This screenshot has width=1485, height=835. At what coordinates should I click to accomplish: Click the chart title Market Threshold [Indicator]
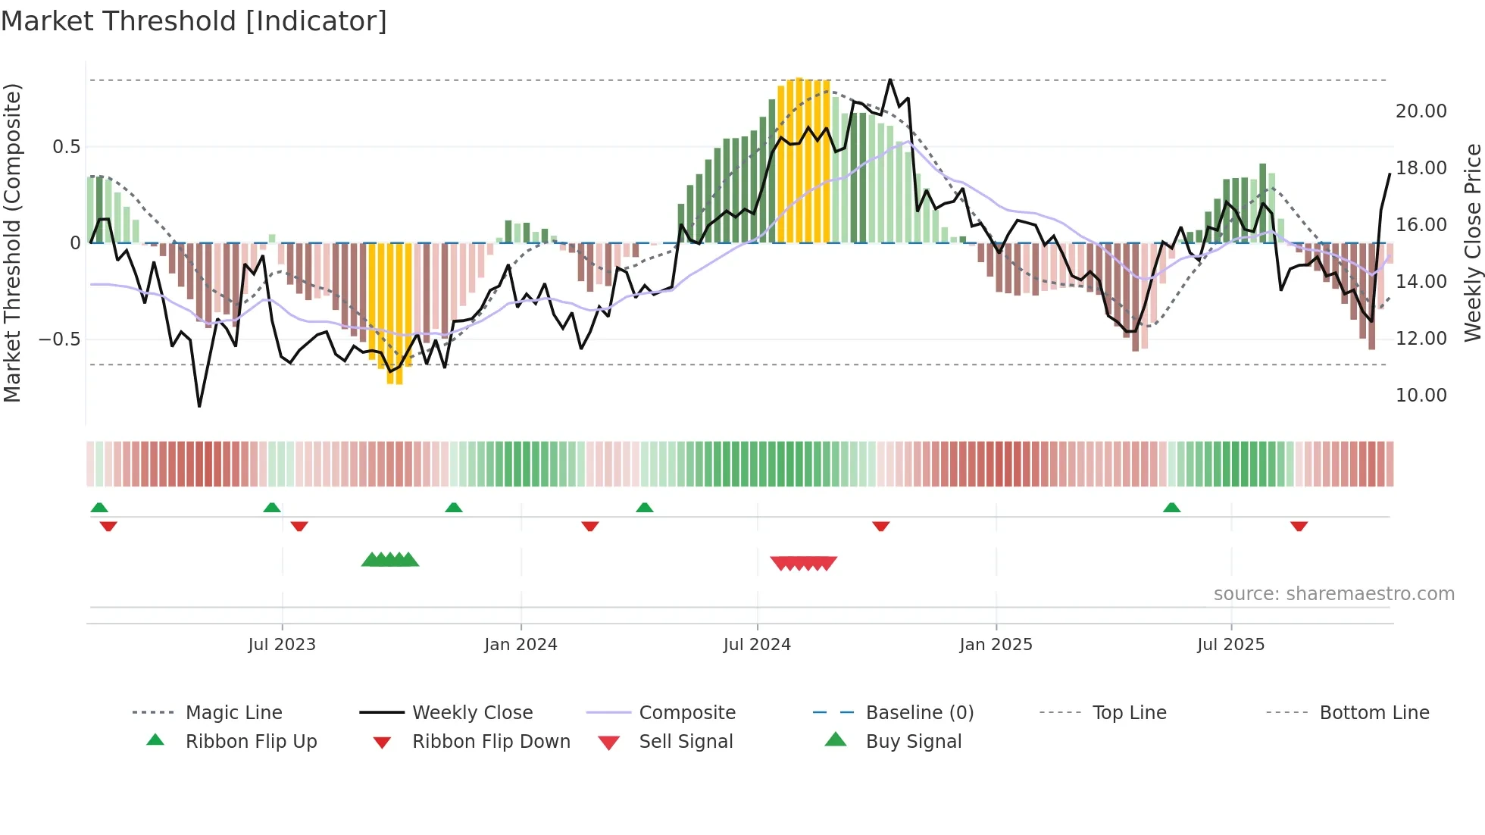click(194, 21)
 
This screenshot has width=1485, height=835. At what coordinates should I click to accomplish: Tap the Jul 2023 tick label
click(282, 645)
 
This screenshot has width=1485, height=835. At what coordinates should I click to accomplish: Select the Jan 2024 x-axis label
click(521, 645)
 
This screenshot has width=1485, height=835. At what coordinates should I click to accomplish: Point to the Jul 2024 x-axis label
click(757, 645)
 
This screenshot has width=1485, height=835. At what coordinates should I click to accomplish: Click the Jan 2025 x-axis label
click(996, 645)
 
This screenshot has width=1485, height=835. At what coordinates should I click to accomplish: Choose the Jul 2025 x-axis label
click(1231, 645)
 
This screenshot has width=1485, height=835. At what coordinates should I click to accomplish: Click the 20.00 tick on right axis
click(1421, 111)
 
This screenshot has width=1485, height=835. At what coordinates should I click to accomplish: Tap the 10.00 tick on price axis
click(1421, 396)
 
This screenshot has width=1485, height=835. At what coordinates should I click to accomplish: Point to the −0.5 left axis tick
click(59, 339)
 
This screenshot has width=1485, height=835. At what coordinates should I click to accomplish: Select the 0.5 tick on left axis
click(66, 147)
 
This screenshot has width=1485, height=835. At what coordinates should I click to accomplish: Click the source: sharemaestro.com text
click(1333, 594)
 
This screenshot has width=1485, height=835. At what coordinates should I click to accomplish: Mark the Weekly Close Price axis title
click(1472, 242)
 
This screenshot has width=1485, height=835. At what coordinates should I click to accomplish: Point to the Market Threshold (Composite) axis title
click(12, 242)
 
